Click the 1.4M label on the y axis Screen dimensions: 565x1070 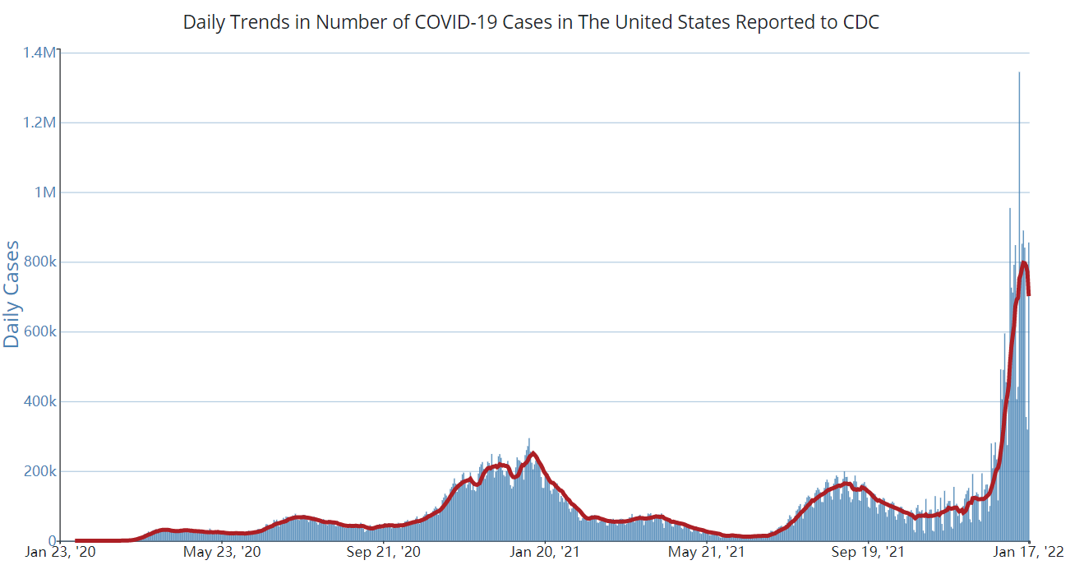tap(42, 53)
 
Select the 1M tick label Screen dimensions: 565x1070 tap(46, 192)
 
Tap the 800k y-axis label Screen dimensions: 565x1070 tap(39, 262)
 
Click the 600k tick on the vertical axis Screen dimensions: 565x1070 tap(39, 332)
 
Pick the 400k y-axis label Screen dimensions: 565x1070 tap(39, 402)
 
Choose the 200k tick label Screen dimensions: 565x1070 tap(39, 472)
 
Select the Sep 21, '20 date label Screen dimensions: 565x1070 tap(385, 552)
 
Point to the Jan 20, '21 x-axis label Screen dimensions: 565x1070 tap(545, 552)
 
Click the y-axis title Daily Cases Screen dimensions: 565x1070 tap(12, 294)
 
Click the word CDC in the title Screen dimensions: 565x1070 tap(860, 22)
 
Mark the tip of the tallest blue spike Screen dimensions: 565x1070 tap(1019, 73)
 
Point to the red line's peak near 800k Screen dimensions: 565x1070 tap(1024, 263)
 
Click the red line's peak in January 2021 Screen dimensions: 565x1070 tap(533, 453)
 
